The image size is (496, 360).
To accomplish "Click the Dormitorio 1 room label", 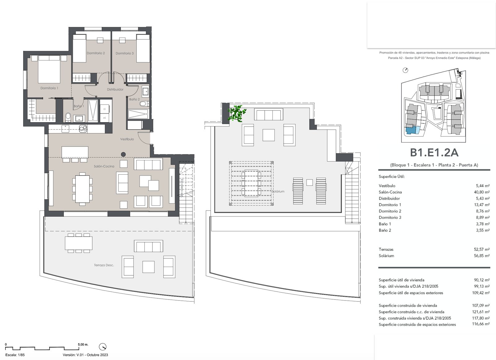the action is pos(49,88).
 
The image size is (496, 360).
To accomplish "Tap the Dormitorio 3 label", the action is pos(124,53).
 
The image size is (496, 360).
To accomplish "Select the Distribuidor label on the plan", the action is pos(115,90).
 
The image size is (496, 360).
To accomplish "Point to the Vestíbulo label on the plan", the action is pos(127,139).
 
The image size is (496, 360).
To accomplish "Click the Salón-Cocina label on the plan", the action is pos(104,166).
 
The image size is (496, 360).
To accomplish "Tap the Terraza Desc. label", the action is pos(104,265).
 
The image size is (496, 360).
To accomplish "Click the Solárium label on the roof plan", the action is pos(278,191).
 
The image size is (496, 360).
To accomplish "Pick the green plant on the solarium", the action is pos(237,113).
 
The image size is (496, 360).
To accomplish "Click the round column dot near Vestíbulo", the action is pos(123,154).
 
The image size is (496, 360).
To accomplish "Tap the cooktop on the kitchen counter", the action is pos(83,129).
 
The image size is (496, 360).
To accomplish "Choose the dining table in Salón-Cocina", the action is pos(82,189).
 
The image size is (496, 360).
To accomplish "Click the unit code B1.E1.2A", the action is pos(434,153).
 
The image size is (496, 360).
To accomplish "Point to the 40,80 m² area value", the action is pos(482,192).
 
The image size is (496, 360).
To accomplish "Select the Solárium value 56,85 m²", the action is pos(482,256).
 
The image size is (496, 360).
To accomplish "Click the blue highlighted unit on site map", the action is pos(411,131).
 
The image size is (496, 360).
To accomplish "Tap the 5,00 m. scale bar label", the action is pos(83,344).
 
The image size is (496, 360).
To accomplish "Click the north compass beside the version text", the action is pos(103,347).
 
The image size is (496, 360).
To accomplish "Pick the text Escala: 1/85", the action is pos(15,355).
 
